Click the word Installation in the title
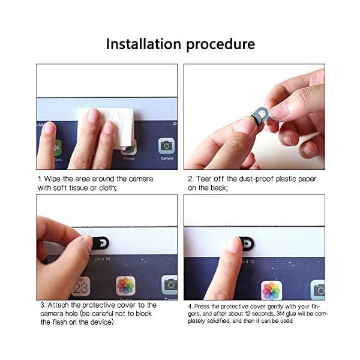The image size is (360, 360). point(144,44)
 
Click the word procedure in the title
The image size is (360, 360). point(221,44)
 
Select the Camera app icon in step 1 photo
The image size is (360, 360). point(166,146)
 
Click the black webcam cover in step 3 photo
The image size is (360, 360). point(101,243)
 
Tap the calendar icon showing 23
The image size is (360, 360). point(80,286)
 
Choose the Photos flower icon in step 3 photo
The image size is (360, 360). point(125,286)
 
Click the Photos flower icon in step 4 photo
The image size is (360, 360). point(271,290)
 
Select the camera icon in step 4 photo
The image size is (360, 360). point(318,290)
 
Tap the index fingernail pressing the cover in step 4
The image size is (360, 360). point(235,245)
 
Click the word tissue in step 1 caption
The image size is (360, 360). point(79,188)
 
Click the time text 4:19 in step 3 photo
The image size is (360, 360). point(106,259)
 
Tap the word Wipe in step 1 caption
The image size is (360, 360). point(53,179)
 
